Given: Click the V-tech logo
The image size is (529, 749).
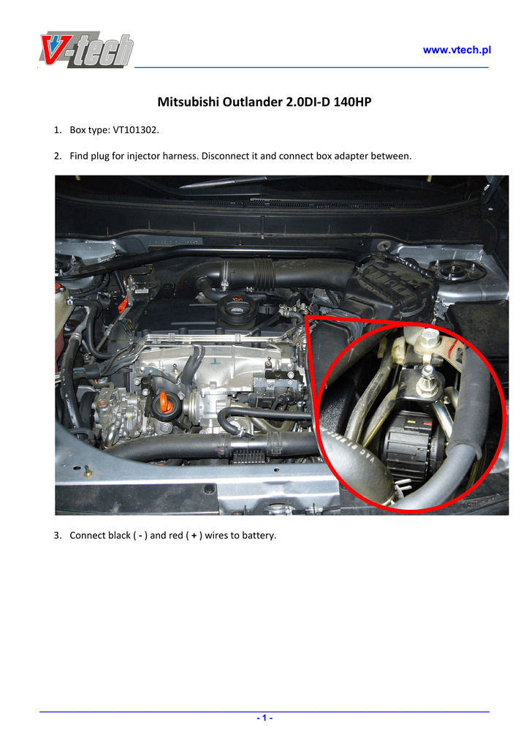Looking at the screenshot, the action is click(x=86, y=49).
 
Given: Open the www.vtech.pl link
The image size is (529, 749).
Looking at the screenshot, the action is click(x=457, y=50).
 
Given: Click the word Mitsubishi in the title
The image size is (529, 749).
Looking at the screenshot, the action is click(x=189, y=102).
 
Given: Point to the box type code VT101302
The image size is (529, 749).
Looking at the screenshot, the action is click(x=135, y=130).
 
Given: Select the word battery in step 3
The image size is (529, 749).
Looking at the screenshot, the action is click(x=259, y=535).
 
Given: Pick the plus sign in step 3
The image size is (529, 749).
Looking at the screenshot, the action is click(x=194, y=536).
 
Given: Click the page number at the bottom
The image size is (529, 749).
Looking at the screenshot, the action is click(x=264, y=718).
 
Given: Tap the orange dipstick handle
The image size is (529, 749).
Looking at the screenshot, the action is click(x=164, y=404).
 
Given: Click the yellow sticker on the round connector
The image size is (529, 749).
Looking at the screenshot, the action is click(x=410, y=424).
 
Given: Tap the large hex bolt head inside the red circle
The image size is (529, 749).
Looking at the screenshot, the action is click(x=427, y=341).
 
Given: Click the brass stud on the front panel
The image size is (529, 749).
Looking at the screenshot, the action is click(x=88, y=472).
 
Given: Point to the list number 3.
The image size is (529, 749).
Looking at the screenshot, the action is click(x=57, y=535).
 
